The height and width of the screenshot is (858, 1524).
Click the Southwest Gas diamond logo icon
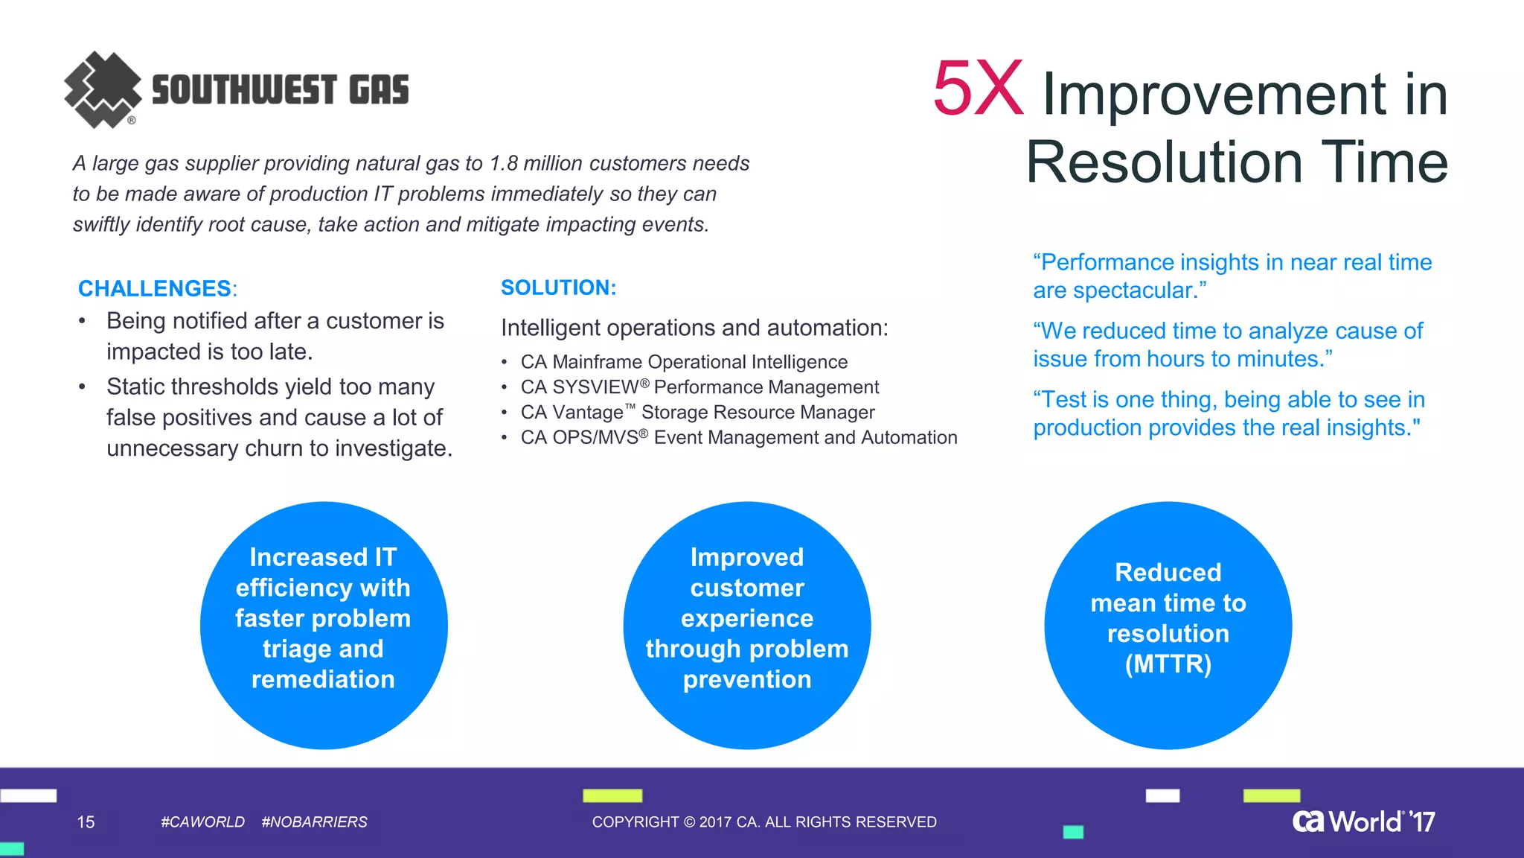pyautogui.click(x=103, y=89)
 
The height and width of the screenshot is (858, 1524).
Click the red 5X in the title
pyautogui.click(x=978, y=89)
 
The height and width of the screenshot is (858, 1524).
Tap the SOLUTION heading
pyautogui.click(x=558, y=287)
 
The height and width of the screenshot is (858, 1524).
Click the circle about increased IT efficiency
pyautogui.click(x=324, y=625)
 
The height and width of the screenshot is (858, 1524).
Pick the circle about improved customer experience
pyautogui.click(x=747, y=625)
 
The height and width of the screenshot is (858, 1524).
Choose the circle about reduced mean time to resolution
pyautogui.click(x=1168, y=625)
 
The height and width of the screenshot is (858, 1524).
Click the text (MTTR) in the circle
pyautogui.click(x=1168, y=664)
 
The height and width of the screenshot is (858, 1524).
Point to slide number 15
pyautogui.click(x=86, y=822)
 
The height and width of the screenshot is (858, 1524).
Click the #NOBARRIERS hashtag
pyautogui.click(x=314, y=822)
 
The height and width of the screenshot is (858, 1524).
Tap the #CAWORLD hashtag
pyautogui.click(x=202, y=822)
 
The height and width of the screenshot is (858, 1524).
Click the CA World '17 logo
pyautogui.click(x=1363, y=821)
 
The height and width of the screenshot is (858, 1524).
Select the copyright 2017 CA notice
pyautogui.click(x=764, y=822)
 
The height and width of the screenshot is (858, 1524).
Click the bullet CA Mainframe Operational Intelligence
pyautogui.click(x=684, y=362)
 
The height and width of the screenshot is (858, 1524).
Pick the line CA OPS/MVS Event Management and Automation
pyautogui.click(x=738, y=438)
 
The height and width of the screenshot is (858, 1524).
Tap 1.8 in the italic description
pyautogui.click(x=504, y=163)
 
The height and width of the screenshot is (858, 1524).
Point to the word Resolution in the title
pyautogui.click(x=1165, y=162)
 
